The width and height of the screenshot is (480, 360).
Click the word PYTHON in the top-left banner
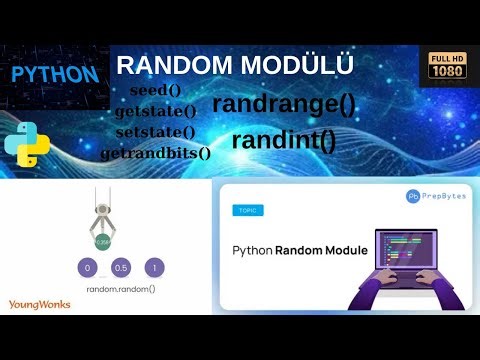55,74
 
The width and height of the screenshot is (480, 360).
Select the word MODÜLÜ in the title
296,66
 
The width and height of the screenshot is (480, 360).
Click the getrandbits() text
156,153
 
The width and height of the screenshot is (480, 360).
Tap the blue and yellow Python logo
28,145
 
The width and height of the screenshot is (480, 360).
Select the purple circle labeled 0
88,267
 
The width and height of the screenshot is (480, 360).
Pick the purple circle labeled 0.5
121,267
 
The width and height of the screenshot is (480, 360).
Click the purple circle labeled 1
154,267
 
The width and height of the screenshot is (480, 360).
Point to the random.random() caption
121,288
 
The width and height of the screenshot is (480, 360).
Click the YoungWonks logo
39,304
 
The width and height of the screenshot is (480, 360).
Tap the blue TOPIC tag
245,211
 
